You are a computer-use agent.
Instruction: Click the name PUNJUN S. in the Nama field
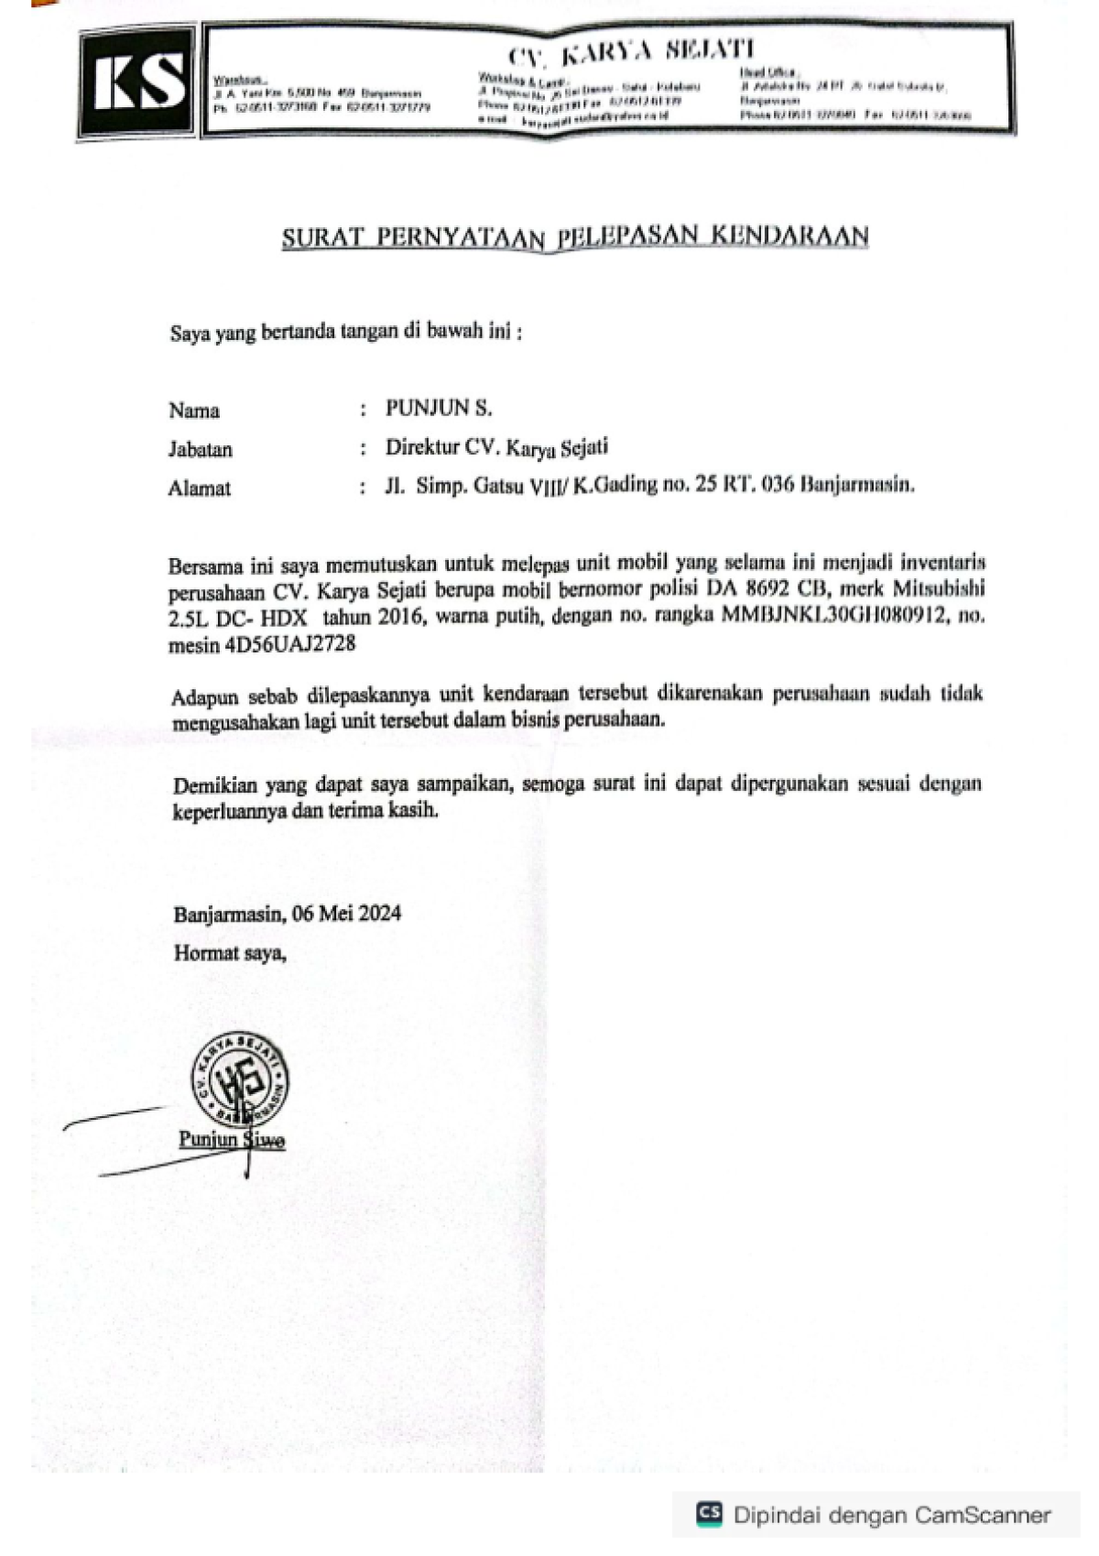pos(439,408)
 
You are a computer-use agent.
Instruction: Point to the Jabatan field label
pos(200,449)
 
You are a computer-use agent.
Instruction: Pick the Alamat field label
pos(199,488)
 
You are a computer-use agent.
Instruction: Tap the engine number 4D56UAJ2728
pos(289,644)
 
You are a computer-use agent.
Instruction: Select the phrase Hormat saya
pos(229,953)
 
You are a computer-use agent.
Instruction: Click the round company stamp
pos(239,1081)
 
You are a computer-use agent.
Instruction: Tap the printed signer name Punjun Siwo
pos(232,1139)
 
